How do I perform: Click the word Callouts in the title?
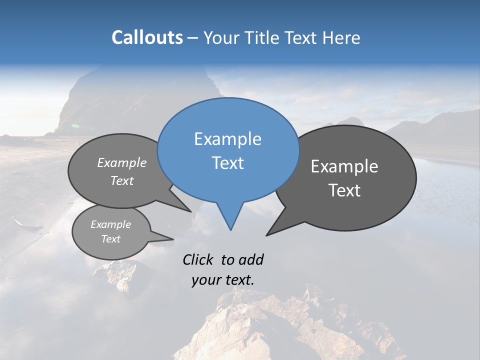click(147, 37)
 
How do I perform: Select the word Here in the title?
click(341, 37)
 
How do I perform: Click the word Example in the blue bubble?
click(227, 139)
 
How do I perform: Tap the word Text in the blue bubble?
click(227, 163)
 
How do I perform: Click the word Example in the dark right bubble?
click(344, 166)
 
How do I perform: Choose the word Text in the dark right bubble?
click(344, 190)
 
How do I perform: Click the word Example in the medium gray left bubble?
click(122, 162)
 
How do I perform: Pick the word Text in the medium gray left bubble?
click(122, 180)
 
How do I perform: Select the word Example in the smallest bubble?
click(110, 224)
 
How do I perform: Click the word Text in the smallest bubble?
click(110, 239)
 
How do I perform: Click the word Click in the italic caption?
click(197, 259)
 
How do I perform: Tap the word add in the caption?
click(250, 259)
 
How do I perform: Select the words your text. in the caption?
click(222, 280)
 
